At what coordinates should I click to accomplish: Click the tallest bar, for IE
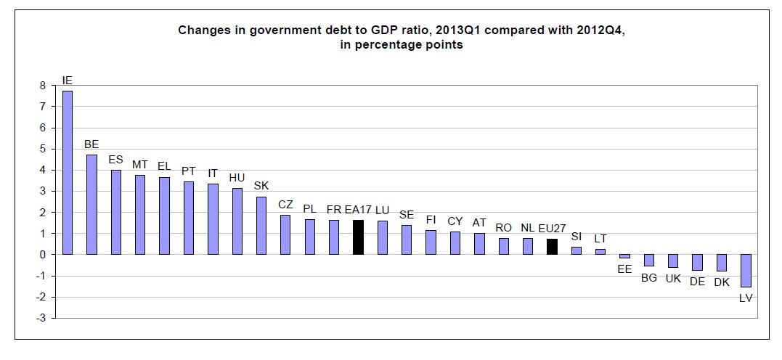point(68,173)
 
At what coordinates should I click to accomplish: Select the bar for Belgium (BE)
point(91,205)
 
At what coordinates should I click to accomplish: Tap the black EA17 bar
point(357,237)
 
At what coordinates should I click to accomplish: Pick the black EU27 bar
point(552,247)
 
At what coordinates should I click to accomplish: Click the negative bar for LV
point(746,271)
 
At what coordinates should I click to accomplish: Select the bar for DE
point(697,263)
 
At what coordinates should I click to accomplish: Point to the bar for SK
point(261,226)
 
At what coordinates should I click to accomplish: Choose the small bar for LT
point(600,252)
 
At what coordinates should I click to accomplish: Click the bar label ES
point(116,160)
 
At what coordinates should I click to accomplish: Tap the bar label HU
point(237,177)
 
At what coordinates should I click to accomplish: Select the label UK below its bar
point(673,278)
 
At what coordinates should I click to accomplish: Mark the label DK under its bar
point(722,282)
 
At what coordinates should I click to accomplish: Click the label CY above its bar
point(455,221)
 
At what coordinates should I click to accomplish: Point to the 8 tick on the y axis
point(43,86)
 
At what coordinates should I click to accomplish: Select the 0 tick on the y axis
point(43,255)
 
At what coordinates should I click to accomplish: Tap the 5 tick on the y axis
point(43,149)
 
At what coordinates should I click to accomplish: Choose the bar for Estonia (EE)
point(624,256)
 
